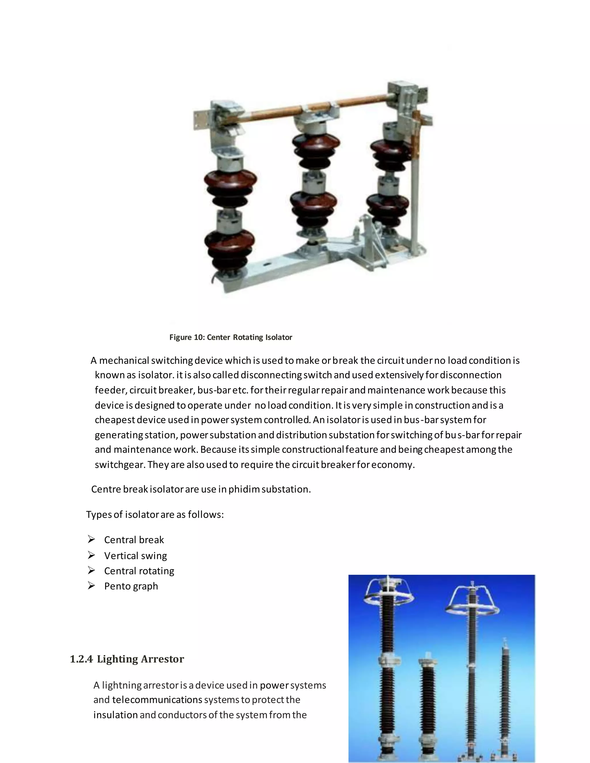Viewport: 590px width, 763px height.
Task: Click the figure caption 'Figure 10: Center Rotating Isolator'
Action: [x=231, y=337]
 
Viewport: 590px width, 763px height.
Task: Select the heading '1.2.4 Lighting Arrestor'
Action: [x=127, y=659]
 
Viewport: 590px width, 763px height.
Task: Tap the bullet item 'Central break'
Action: [x=134, y=540]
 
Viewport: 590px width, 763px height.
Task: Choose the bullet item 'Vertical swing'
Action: [x=136, y=555]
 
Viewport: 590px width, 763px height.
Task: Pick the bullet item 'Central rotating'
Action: [x=139, y=571]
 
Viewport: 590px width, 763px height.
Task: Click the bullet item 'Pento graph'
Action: [x=131, y=586]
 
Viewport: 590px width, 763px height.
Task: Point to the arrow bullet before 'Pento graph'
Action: [x=91, y=586]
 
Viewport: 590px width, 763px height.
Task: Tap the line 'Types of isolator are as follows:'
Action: [x=155, y=515]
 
